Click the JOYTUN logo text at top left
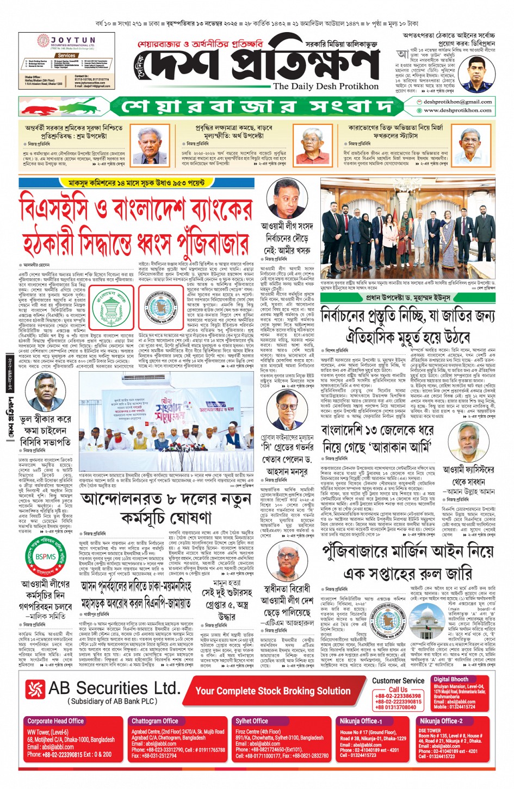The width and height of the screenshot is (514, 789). point(73,40)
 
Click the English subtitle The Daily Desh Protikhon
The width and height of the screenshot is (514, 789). point(326,86)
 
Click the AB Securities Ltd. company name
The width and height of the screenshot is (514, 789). point(114,688)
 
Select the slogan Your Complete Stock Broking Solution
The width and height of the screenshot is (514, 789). point(273,691)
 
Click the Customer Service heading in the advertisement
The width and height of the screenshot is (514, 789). point(398,680)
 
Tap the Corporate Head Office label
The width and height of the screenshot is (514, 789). point(55,721)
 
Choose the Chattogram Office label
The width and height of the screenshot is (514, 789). point(155,721)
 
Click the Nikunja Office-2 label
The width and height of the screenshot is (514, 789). point(441,721)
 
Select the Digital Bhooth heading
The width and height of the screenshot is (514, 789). point(451,679)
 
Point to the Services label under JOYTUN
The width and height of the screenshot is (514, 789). point(66,55)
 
